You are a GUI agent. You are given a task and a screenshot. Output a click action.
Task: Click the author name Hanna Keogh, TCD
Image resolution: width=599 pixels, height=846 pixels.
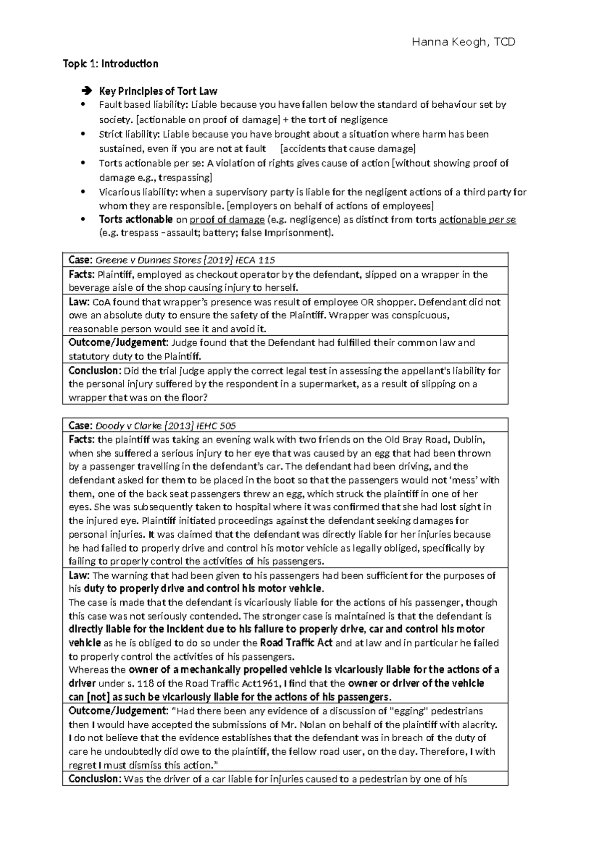click(x=463, y=42)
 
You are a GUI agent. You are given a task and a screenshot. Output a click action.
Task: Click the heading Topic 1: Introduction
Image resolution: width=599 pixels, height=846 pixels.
click(x=110, y=64)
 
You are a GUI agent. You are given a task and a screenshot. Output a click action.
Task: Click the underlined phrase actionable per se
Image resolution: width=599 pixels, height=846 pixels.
click(x=477, y=219)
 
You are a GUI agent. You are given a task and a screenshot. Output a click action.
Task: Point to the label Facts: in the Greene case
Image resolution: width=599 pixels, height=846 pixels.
click(x=81, y=274)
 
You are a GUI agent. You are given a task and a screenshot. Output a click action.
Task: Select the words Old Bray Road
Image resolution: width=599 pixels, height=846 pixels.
click(x=412, y=440)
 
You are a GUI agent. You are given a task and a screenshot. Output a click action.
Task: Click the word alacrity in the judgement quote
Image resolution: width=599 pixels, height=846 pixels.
click(x=479, y=724)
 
